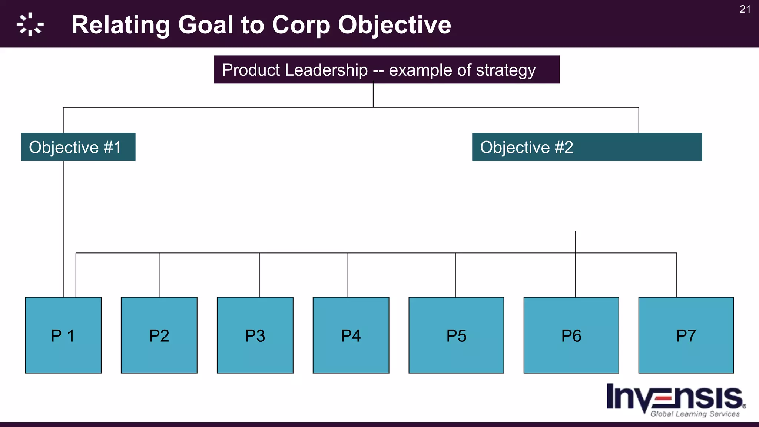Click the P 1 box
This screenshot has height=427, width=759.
(63, 335)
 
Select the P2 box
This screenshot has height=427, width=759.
(159, 335)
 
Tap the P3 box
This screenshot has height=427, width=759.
(255, 335)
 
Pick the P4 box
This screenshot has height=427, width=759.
(351, 335)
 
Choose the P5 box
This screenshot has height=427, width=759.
(456, 335)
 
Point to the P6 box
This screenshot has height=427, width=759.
(571, 335)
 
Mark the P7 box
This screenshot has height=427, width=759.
(686, 335)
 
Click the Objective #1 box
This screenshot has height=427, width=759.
(78, 147)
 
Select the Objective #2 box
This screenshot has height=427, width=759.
(587, 147)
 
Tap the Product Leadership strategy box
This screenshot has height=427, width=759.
(387, 70)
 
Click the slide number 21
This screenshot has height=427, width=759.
(745, 9)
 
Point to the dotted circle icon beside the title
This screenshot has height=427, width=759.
(30, 24)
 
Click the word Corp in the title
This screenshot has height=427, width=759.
(301, 25)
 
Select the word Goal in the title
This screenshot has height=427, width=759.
(206, 25)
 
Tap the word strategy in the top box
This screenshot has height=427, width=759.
(506, 70)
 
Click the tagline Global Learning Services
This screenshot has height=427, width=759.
(695, 414)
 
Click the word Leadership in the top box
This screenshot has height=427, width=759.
(326, 70)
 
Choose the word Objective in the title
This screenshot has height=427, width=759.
(394, 25)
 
